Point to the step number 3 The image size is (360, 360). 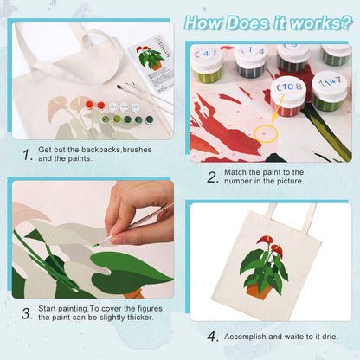point(27,313)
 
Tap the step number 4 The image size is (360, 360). point(212,336)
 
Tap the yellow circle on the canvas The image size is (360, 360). point(265,134)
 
